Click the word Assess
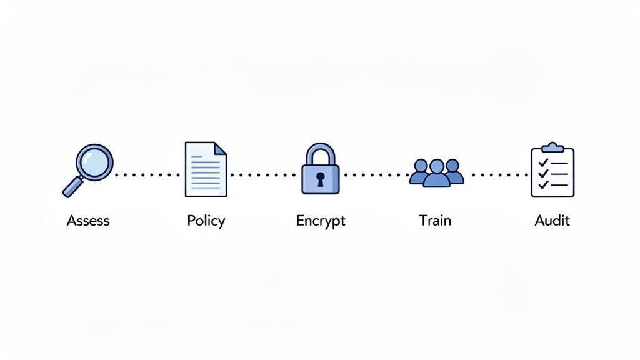[88, 221]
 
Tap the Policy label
[206, 221]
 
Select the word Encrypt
[321, 221]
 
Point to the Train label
[435, 221]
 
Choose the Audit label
[552, 221]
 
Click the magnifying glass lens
[94, 162]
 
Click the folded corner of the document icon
[221, 149]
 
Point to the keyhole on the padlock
[321, 180]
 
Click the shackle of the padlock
[320, 153]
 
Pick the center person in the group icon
[437, 172]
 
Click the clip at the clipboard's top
[552, 147]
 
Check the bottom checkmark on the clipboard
[543, 184]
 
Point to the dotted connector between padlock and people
[374, 175]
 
